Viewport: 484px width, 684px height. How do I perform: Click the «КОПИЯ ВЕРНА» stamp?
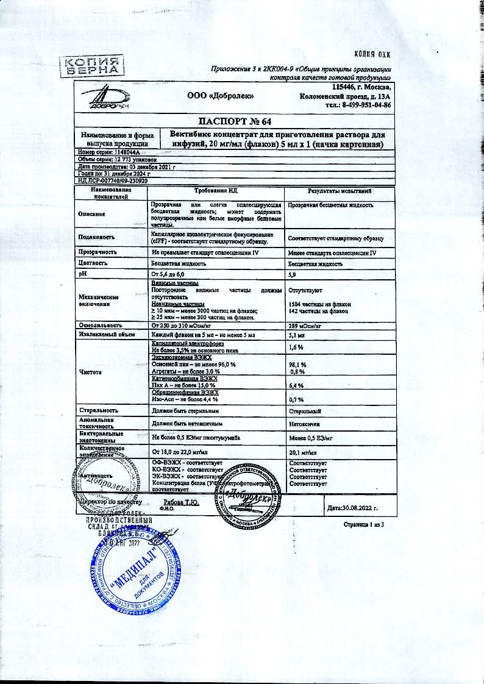(94, 65)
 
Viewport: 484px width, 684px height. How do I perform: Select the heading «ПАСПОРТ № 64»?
(232, 121)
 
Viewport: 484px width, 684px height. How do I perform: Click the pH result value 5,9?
(293, 276)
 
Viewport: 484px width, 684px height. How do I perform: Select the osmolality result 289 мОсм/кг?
(308, 326)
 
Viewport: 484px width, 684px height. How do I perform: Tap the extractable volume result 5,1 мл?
(297, 335)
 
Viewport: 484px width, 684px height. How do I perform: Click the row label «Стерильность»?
(97, 411)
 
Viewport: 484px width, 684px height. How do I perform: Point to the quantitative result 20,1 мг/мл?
(302, 453)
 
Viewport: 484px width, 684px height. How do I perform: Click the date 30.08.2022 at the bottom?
(354, 507)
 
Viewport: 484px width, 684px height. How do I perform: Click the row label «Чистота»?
(90, 372)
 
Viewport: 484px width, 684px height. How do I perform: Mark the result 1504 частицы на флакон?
(318, 304)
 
